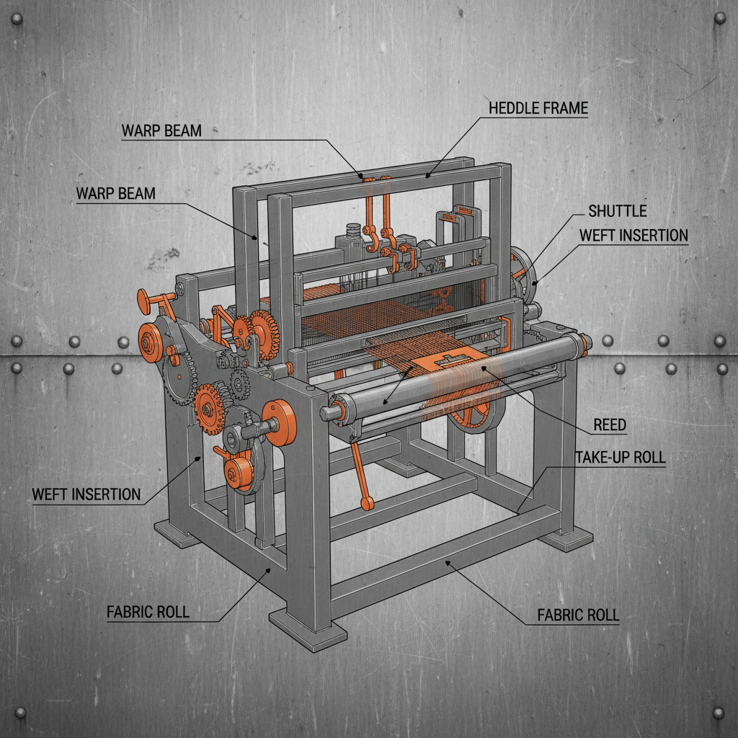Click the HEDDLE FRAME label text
(x=538, y=109)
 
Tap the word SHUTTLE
(x=618, y=211)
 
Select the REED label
(x=610, y=425)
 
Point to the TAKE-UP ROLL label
(x=620, y=458)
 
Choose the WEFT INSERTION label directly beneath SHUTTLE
(x=633, y=236)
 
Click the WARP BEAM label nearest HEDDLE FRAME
(x=161, y=130)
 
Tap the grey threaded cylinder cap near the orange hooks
(x=352, y=231)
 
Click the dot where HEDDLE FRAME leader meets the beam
(x=428, y=174)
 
